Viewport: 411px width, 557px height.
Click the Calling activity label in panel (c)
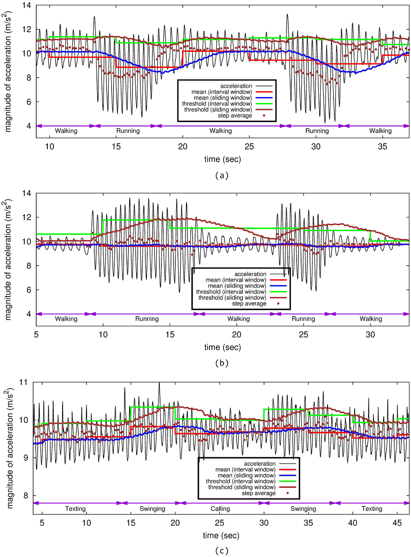pyautogui.click(x=220, y=508)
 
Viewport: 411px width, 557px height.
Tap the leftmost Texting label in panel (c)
pyautogui.click(x=75, y=508)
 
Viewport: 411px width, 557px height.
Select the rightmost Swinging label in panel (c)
pyautogui.click(x=303, y=508)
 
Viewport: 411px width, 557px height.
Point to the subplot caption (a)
pyautogui.click(x=222, y=175)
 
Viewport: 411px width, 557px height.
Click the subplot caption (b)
pyautogui.click(x=222, y=363)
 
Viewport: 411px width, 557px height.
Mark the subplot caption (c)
pyautogui.click(x=222, y=551)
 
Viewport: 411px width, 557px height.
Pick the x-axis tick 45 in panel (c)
pyautogui.click(x=397, y=522)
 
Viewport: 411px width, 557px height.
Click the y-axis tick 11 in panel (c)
pyautogui.click(x=23, y=382)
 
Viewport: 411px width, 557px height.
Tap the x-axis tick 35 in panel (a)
pyautogui.click(x=383, y=147)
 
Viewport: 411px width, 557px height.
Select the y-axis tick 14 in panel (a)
pyautogui.click(x=26, y=6)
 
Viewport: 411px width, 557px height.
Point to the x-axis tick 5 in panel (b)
pyautogui.click(x=36, y=334)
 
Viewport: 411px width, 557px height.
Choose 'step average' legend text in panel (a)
pyautogui.click(x=235, y=115)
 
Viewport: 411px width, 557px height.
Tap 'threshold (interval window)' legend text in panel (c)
pyautogui.click(x=240, y=481)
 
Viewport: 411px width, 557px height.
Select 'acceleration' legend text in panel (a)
pyautogui.click(x=236, y=86)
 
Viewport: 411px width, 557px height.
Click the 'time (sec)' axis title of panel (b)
pyautogui.click(x=222, y=347)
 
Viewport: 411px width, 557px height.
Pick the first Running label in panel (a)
pyautogui.click(x=128, y=131)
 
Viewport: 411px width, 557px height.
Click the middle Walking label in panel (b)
pyautogui.click(x=238, y=319)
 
